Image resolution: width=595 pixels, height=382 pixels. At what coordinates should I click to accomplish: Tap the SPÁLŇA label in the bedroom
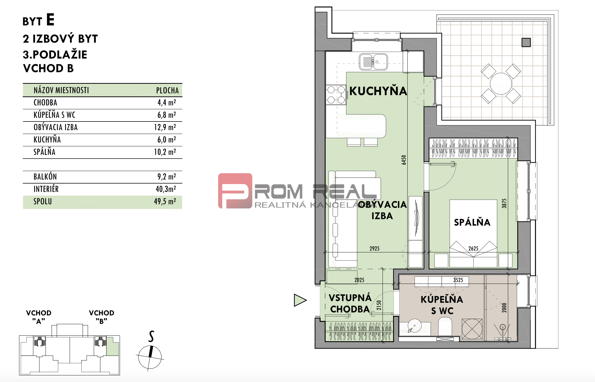point(472,222)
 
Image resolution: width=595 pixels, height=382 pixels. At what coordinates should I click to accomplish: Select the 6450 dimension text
point(404,160)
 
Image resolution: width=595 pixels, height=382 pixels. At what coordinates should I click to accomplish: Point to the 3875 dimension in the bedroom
point(504,203)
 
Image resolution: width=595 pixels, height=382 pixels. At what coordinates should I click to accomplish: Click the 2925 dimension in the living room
point(374,248)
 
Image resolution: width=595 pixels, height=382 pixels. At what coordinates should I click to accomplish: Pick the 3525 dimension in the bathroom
point(458,280)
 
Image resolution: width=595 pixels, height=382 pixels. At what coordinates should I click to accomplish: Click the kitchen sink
point(373,62)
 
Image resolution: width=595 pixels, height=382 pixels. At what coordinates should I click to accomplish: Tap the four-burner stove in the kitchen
point(336,95)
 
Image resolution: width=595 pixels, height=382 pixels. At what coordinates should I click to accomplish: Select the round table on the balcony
point(501,84)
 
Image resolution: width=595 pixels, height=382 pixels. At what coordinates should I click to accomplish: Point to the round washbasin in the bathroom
point(415,326)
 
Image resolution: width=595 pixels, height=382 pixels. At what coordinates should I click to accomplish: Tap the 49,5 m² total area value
point(165,202)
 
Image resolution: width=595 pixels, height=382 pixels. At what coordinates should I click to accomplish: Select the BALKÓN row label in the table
point(45,177)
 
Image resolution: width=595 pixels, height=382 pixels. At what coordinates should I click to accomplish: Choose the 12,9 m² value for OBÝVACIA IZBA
point(165,127)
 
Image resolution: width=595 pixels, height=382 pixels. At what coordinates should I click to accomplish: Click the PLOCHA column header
point(167,91)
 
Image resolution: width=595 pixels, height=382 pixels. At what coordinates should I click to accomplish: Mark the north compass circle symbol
point(150,357)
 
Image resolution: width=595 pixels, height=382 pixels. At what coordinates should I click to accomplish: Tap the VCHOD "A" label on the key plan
point(39,317)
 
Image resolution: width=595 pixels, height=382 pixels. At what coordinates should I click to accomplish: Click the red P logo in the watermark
point(235,191)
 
